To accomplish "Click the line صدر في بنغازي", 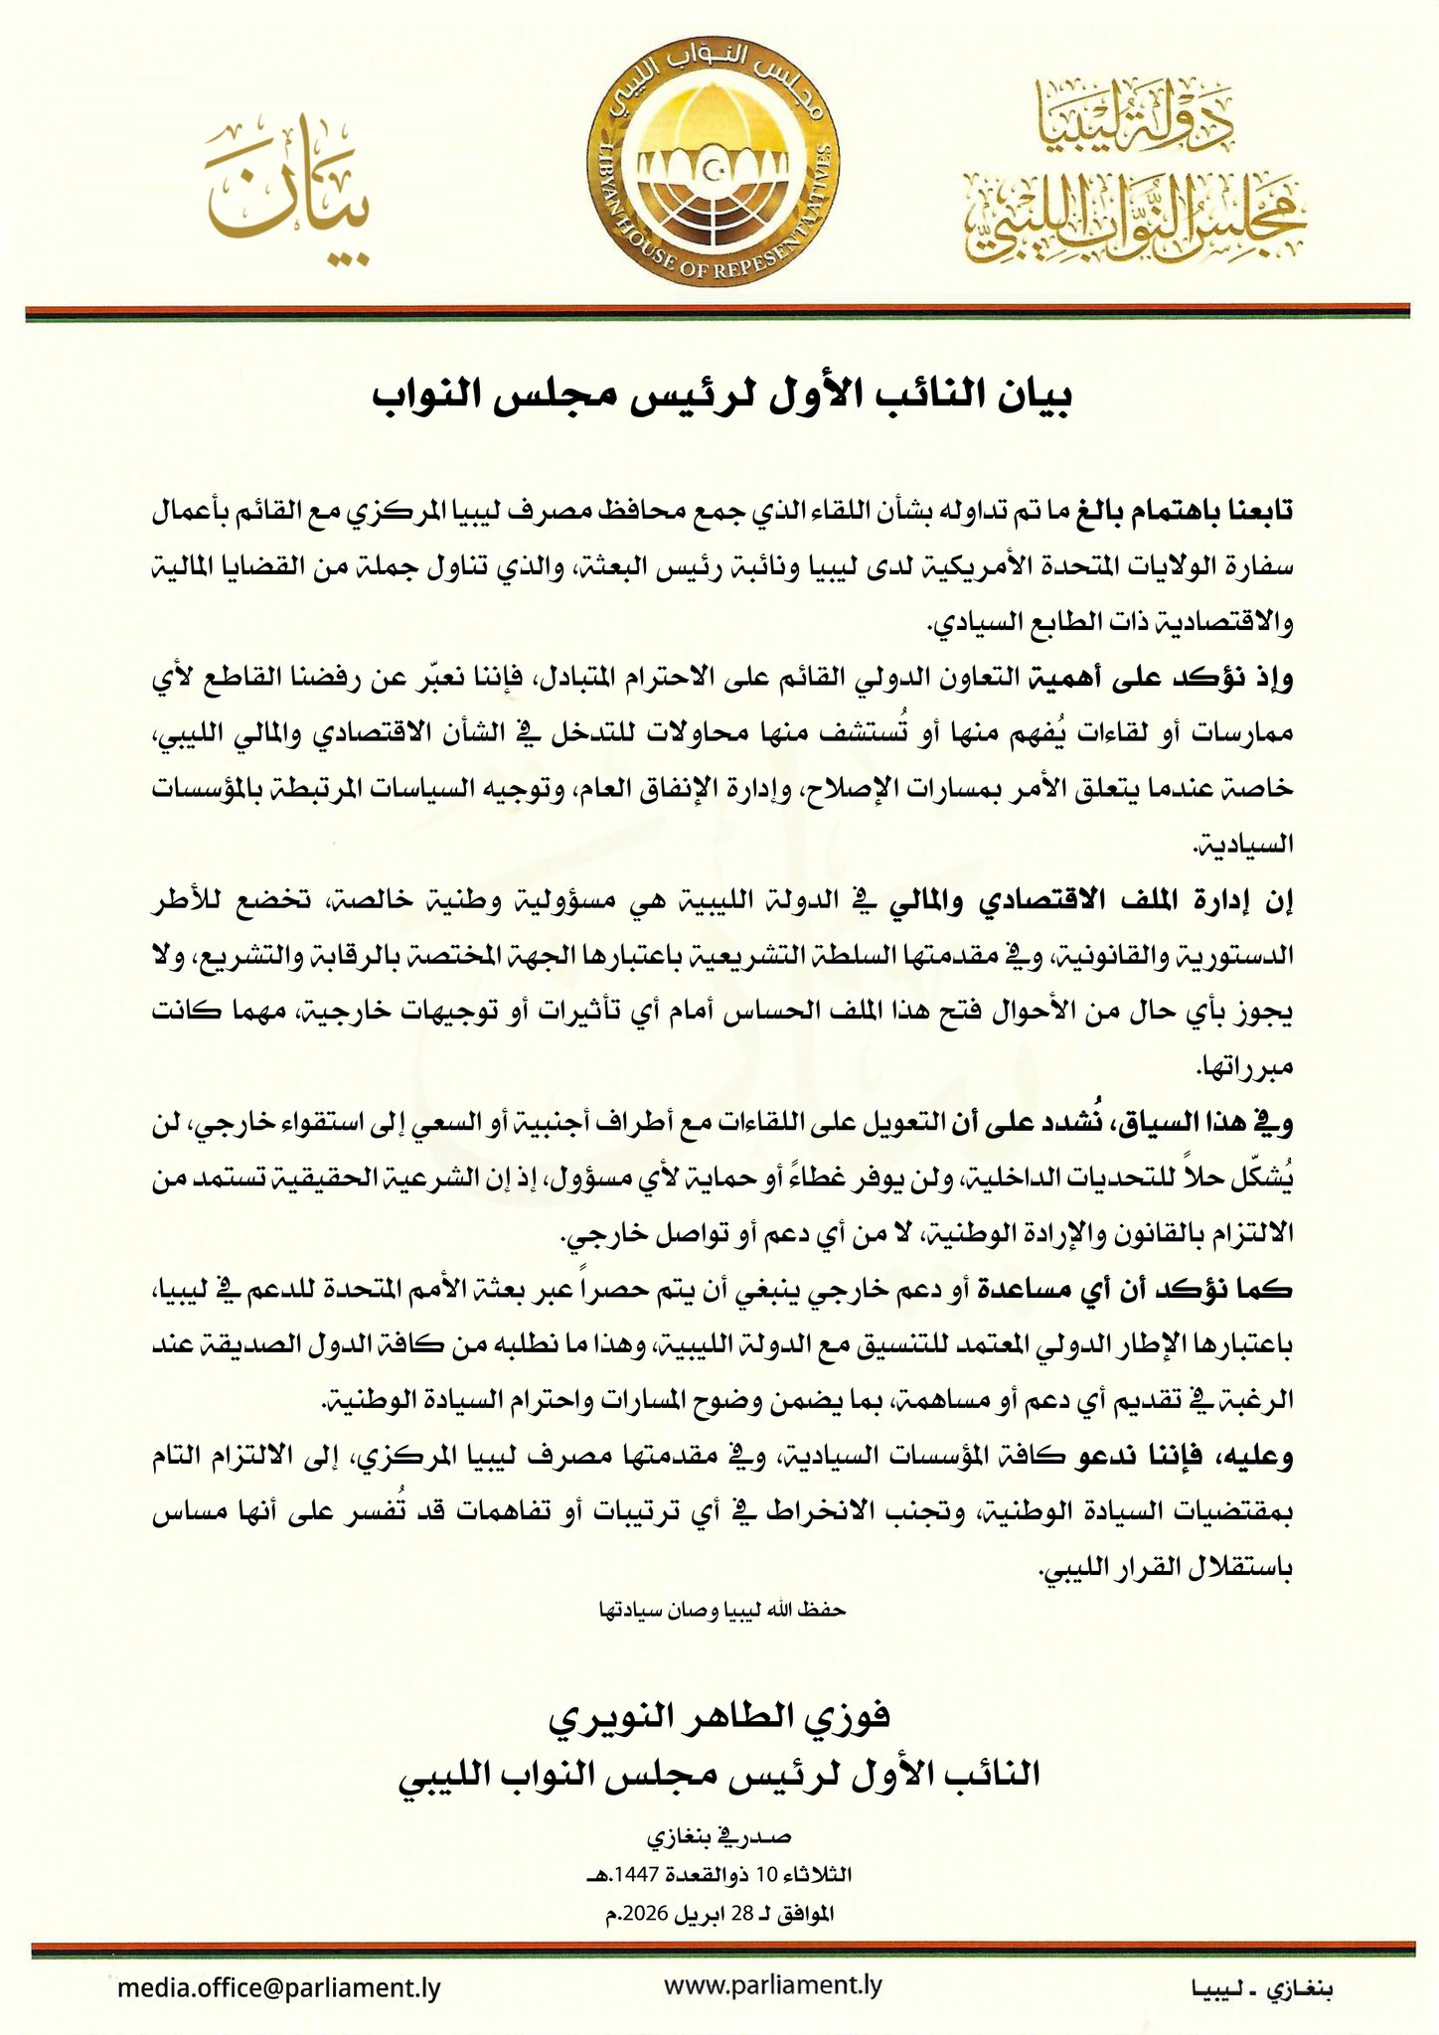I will pos(719,1837).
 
